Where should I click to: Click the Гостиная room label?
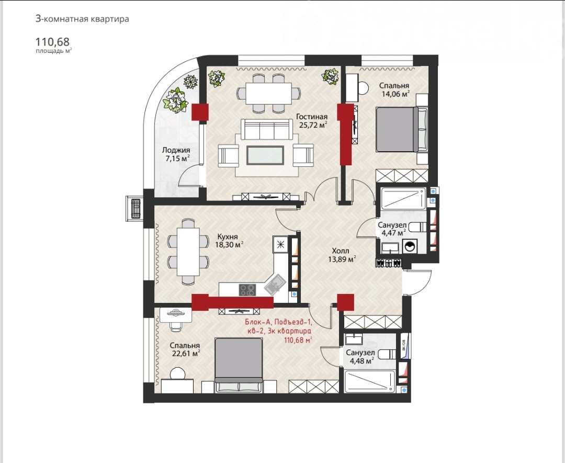tap(312, 117)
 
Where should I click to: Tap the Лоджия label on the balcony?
tap(176, 150)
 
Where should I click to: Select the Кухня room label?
tap(228, 236)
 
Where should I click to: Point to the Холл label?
tap(341, 251)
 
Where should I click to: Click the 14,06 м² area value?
tap(396, 94)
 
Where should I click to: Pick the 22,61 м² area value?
tap(186, 354)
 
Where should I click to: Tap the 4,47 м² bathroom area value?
tap(394, 233)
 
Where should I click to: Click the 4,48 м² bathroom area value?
tap(361, 360)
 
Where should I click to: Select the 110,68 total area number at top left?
tap(52, 42)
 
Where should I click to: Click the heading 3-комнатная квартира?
tap(82, 19)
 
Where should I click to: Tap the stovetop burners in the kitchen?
tap(247, 290)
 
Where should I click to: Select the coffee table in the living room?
tap(265, 155)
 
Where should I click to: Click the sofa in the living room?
tap(267, 129)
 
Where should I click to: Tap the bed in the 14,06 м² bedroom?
tap(401, 129)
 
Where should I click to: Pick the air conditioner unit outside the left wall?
tap(135, 209)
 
